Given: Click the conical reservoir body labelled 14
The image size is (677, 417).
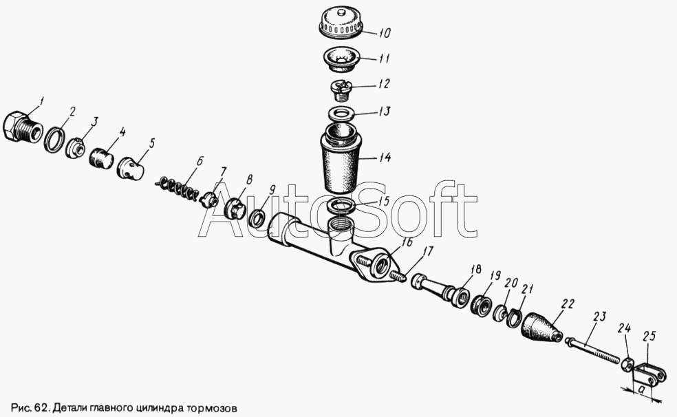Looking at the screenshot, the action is tap(341, 159).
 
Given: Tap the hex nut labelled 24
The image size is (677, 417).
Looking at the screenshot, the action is tap(627, 364).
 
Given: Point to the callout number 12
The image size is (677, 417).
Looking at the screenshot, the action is tap(383, 83).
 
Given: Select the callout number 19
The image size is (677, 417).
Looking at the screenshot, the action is tap(495, 275).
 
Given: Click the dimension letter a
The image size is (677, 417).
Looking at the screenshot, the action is tap(642, 390).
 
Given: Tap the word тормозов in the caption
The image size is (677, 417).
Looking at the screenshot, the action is tap(212, 407).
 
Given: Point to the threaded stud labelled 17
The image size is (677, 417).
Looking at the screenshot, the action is tap(398, 275).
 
